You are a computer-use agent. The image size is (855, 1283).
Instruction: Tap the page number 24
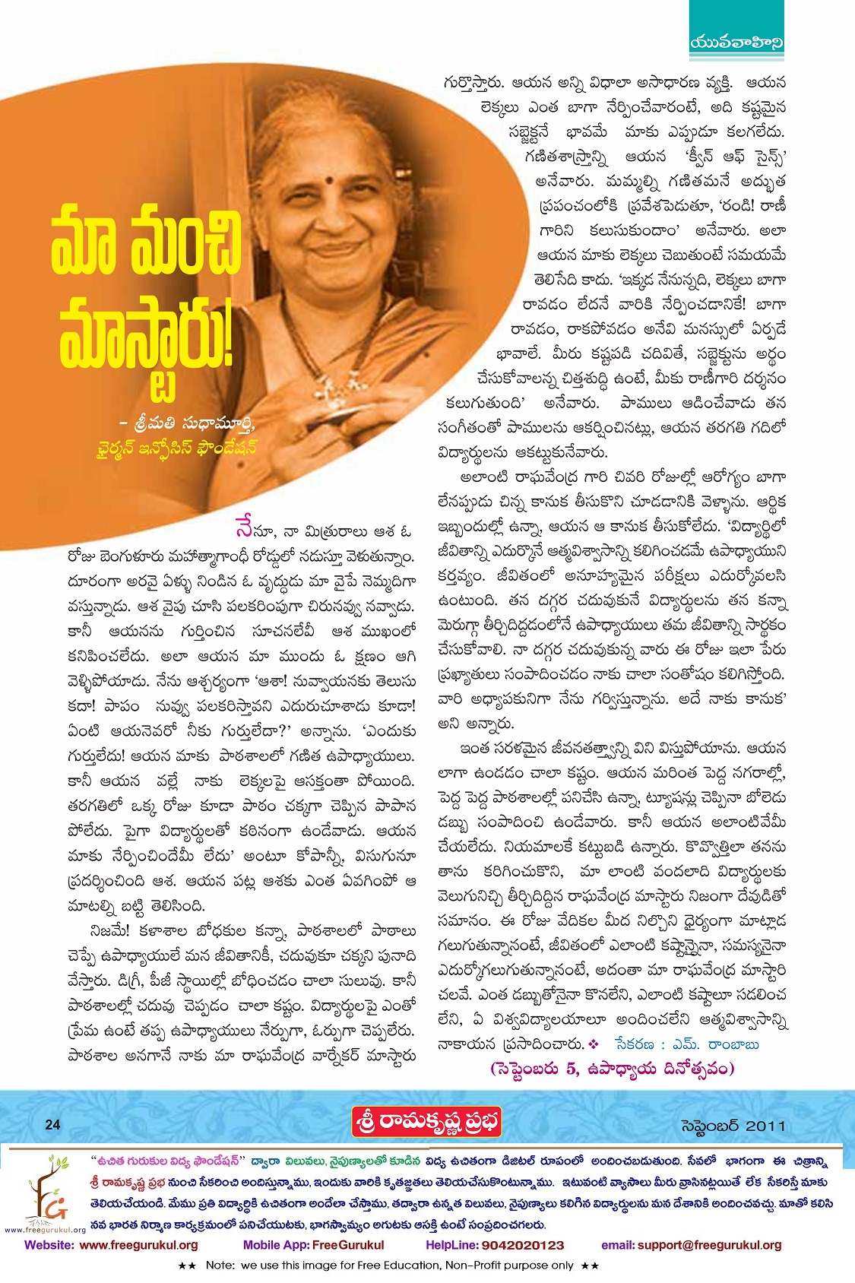coord(52,1125)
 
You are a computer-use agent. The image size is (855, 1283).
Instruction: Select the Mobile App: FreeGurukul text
coord(313,1245)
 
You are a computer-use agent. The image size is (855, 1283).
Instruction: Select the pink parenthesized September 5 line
coord(613,1069)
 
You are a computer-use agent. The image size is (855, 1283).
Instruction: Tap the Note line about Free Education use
coord(388,1266)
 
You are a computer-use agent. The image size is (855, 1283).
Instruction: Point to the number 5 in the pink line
coord(571,1069)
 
